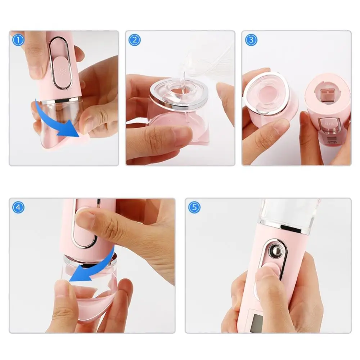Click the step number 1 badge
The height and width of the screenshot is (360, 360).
tap(18, 39)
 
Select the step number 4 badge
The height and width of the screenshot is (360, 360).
tap(18, 207)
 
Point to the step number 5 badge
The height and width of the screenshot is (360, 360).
tap(194, 207)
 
